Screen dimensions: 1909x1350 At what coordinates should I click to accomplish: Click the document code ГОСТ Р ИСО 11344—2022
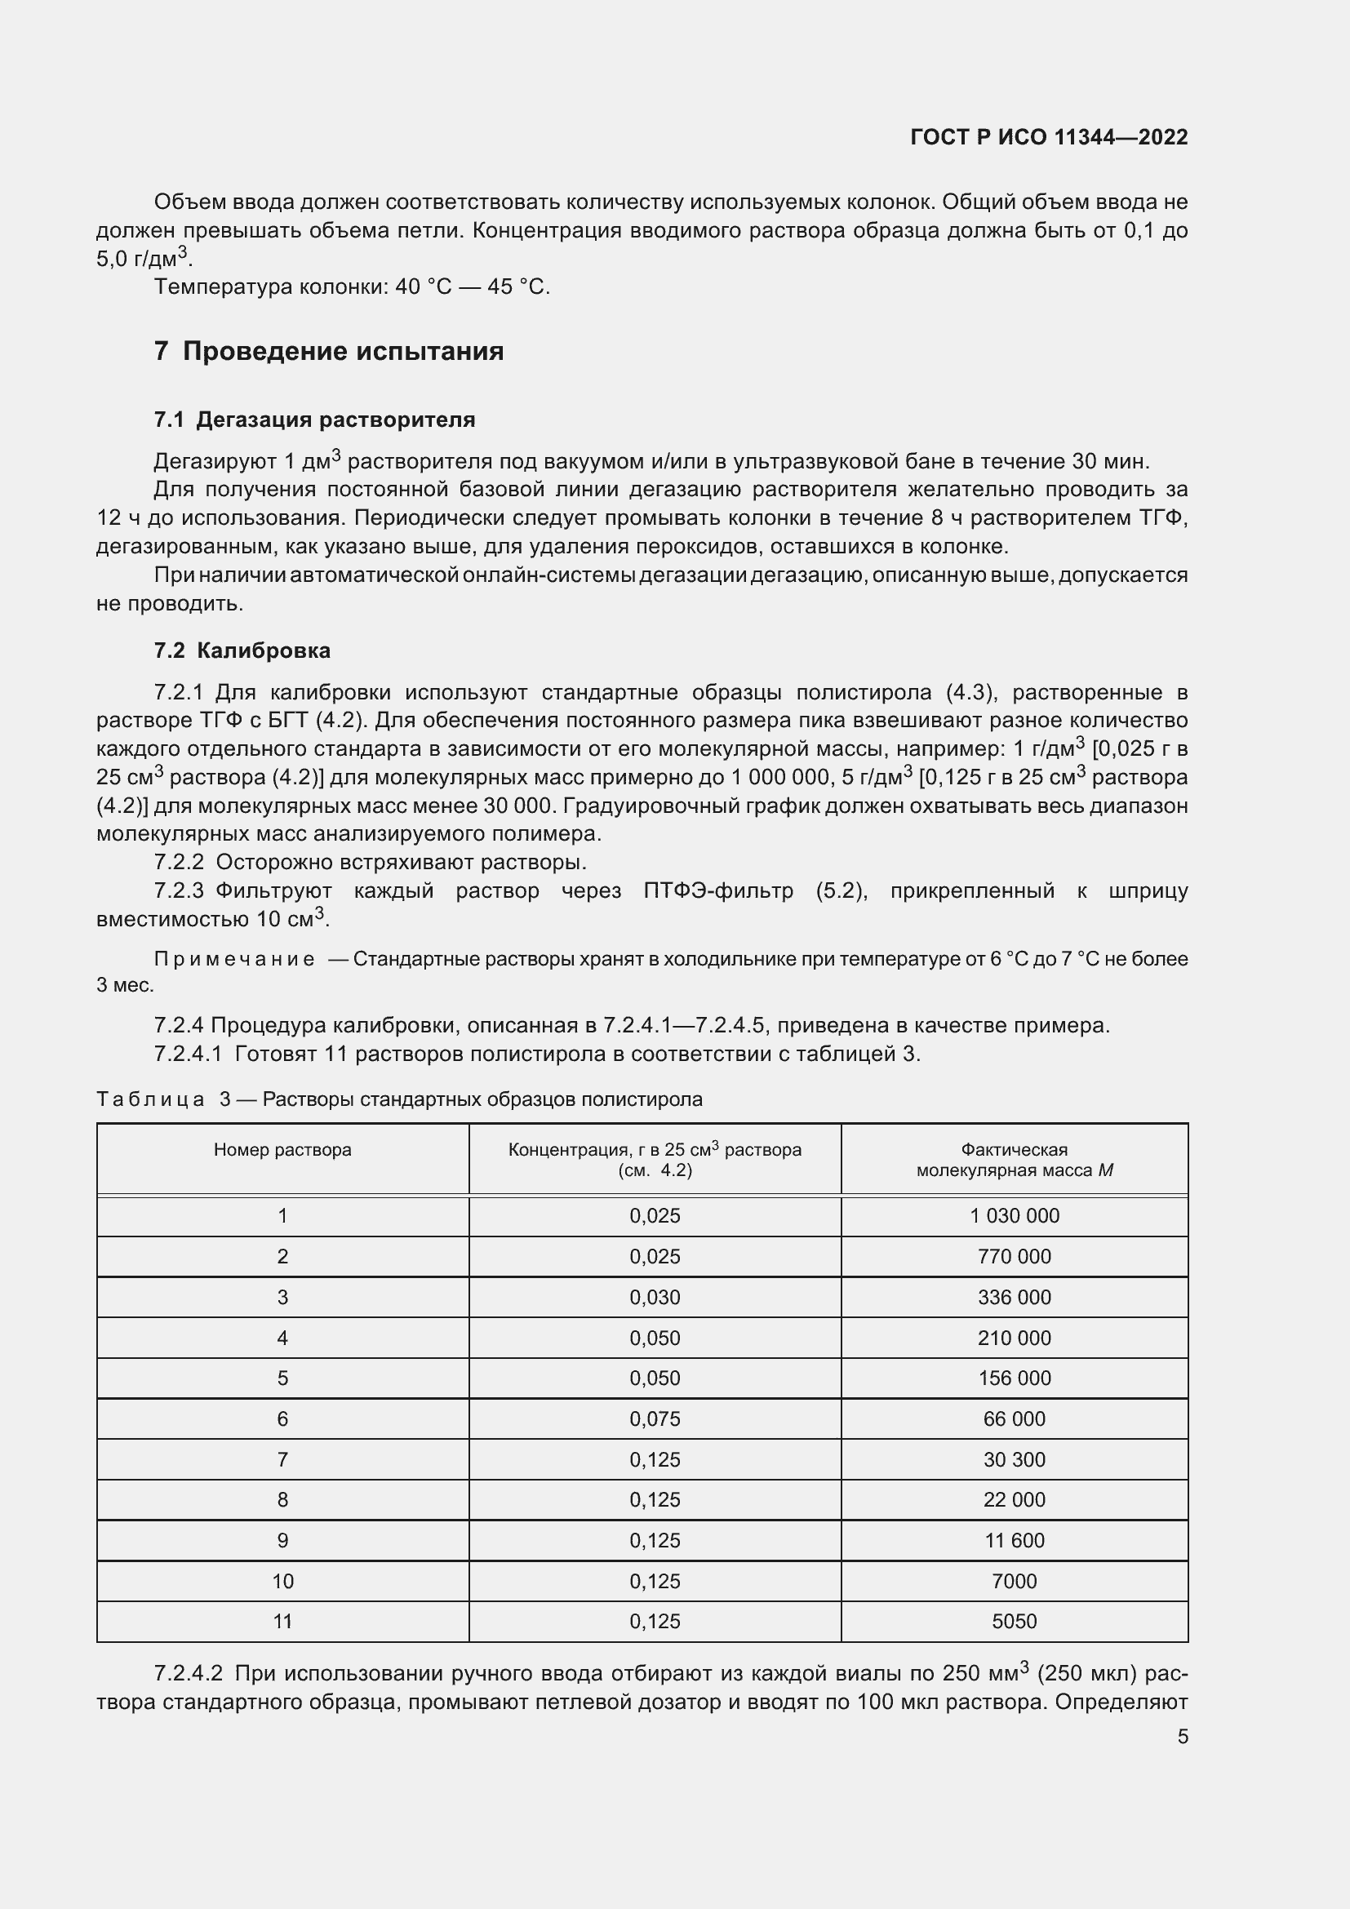[1048, 137]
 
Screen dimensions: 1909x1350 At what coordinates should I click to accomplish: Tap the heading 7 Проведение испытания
[328, 351]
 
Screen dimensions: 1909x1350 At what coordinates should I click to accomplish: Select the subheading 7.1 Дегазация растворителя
[314, 420]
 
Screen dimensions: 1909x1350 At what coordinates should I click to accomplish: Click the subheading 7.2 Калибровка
[242, 650]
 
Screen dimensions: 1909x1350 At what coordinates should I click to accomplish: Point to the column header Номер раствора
[282, 1150]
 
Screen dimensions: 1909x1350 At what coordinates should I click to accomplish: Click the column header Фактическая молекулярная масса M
[1015, 1160]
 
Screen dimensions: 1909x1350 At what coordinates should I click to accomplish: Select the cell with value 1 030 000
[1015, 1215]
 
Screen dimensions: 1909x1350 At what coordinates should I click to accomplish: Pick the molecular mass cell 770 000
[1015, 1256]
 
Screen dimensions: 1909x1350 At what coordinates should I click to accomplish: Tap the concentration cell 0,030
[655, 1297]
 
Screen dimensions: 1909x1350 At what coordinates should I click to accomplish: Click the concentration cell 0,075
[655, 1418]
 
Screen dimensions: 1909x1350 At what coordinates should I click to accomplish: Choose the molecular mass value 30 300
[1015, 1459]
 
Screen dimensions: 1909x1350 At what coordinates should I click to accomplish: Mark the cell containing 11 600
[1015, 1541]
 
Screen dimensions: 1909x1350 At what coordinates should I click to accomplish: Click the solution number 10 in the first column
[282, 1582]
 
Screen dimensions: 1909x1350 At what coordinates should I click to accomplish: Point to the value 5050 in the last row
[1015, 1622]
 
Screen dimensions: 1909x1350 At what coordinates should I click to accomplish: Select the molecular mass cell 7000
[1015, 1582]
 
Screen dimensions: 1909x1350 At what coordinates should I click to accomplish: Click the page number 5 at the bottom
[1182, 1737]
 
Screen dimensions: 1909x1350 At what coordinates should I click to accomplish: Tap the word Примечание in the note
[234, 959]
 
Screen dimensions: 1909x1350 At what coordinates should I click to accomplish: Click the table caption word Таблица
[150, 1099]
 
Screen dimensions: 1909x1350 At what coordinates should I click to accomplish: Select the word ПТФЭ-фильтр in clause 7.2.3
[717, 890]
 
